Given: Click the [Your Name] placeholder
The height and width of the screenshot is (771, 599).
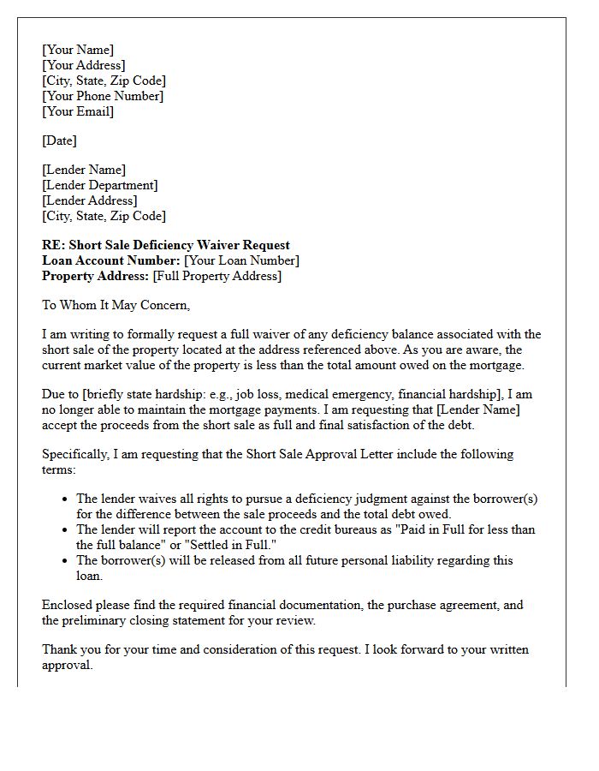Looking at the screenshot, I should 78,50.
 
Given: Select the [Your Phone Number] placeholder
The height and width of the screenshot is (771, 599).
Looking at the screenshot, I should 103,96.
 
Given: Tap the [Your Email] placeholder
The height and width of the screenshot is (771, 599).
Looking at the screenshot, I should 78,111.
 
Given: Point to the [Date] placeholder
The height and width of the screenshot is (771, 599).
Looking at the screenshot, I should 59,140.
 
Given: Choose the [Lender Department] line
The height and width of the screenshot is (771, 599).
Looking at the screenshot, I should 100,185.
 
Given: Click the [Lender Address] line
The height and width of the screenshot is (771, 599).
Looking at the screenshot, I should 89,200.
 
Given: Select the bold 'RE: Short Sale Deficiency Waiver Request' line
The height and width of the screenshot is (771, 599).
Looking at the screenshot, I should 166,245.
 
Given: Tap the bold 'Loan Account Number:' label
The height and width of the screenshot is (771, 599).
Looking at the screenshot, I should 111,260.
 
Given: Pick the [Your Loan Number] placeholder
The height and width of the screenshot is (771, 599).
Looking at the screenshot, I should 242,260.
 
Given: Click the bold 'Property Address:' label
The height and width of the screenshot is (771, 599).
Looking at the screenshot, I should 96,276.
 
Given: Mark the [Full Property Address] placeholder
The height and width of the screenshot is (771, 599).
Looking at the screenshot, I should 216,276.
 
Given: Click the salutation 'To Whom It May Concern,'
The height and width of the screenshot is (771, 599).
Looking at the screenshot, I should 116,305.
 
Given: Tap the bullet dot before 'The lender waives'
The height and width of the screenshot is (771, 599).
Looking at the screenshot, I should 66,499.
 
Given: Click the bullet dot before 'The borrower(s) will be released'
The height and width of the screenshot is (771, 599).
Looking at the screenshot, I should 66,561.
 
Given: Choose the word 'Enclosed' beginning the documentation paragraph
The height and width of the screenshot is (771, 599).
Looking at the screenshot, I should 68,605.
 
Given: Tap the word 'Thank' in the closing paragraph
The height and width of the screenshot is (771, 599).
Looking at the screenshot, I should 61,649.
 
